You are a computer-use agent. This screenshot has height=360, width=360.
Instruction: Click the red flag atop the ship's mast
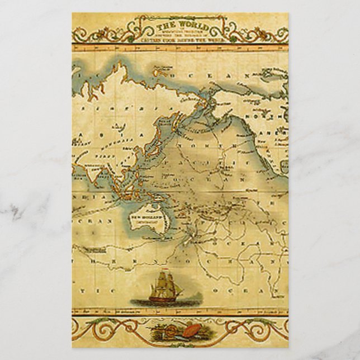click(x=166, y=270)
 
